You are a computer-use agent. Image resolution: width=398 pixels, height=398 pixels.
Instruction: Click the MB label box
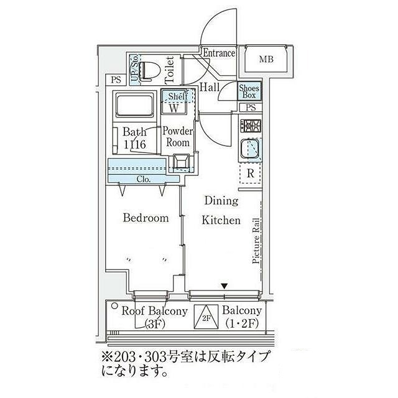pos(266,60)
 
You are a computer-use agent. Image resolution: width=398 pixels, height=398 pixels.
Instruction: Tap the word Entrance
pos(218,53)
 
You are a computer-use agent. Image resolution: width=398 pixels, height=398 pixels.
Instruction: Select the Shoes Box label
pos(249,91)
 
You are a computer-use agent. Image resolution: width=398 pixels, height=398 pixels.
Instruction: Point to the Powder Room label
pos(178,137)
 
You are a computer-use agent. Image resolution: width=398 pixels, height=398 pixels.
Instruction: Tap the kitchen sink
pos(251,150)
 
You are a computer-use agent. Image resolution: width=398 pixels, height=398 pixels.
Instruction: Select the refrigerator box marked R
pos(250,174)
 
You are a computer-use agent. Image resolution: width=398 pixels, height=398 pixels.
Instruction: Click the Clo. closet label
pos(141,178)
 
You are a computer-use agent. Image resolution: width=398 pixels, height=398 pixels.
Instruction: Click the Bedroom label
pos(146,218)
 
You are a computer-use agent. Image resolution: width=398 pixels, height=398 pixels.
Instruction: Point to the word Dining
pos(221,201)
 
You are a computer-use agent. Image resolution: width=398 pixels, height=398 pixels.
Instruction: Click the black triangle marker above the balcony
pos(224,285)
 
